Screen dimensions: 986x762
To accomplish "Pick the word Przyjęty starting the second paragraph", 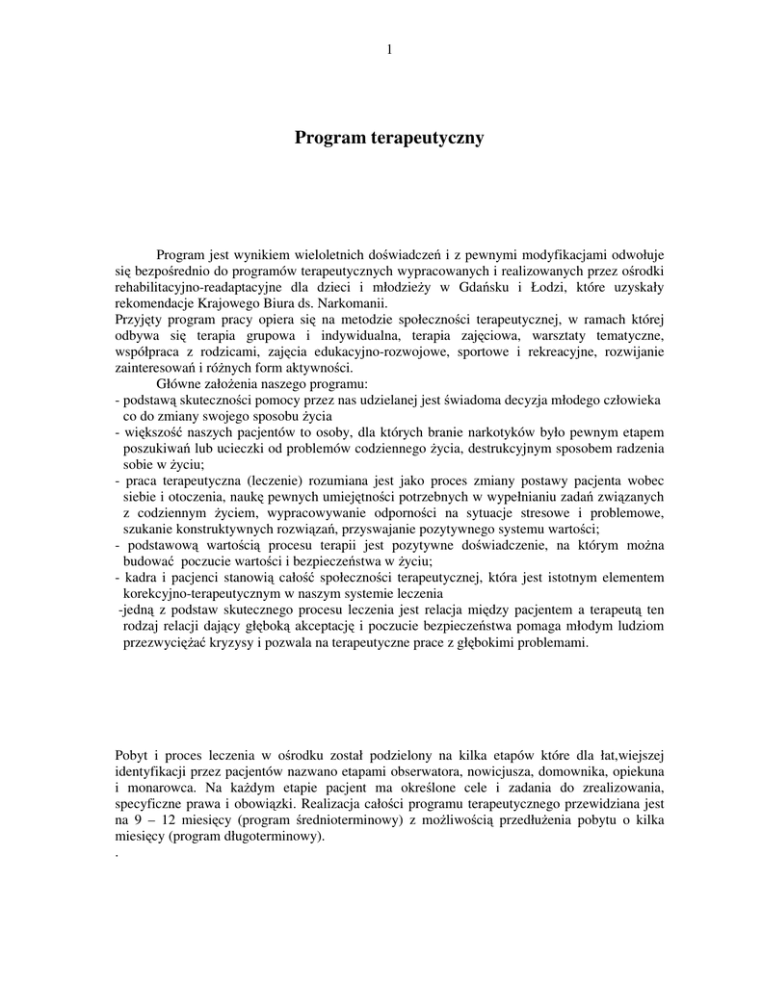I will (141, 319).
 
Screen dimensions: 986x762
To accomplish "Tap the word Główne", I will (179, 384).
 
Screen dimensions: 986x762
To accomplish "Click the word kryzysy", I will (237, 642).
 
